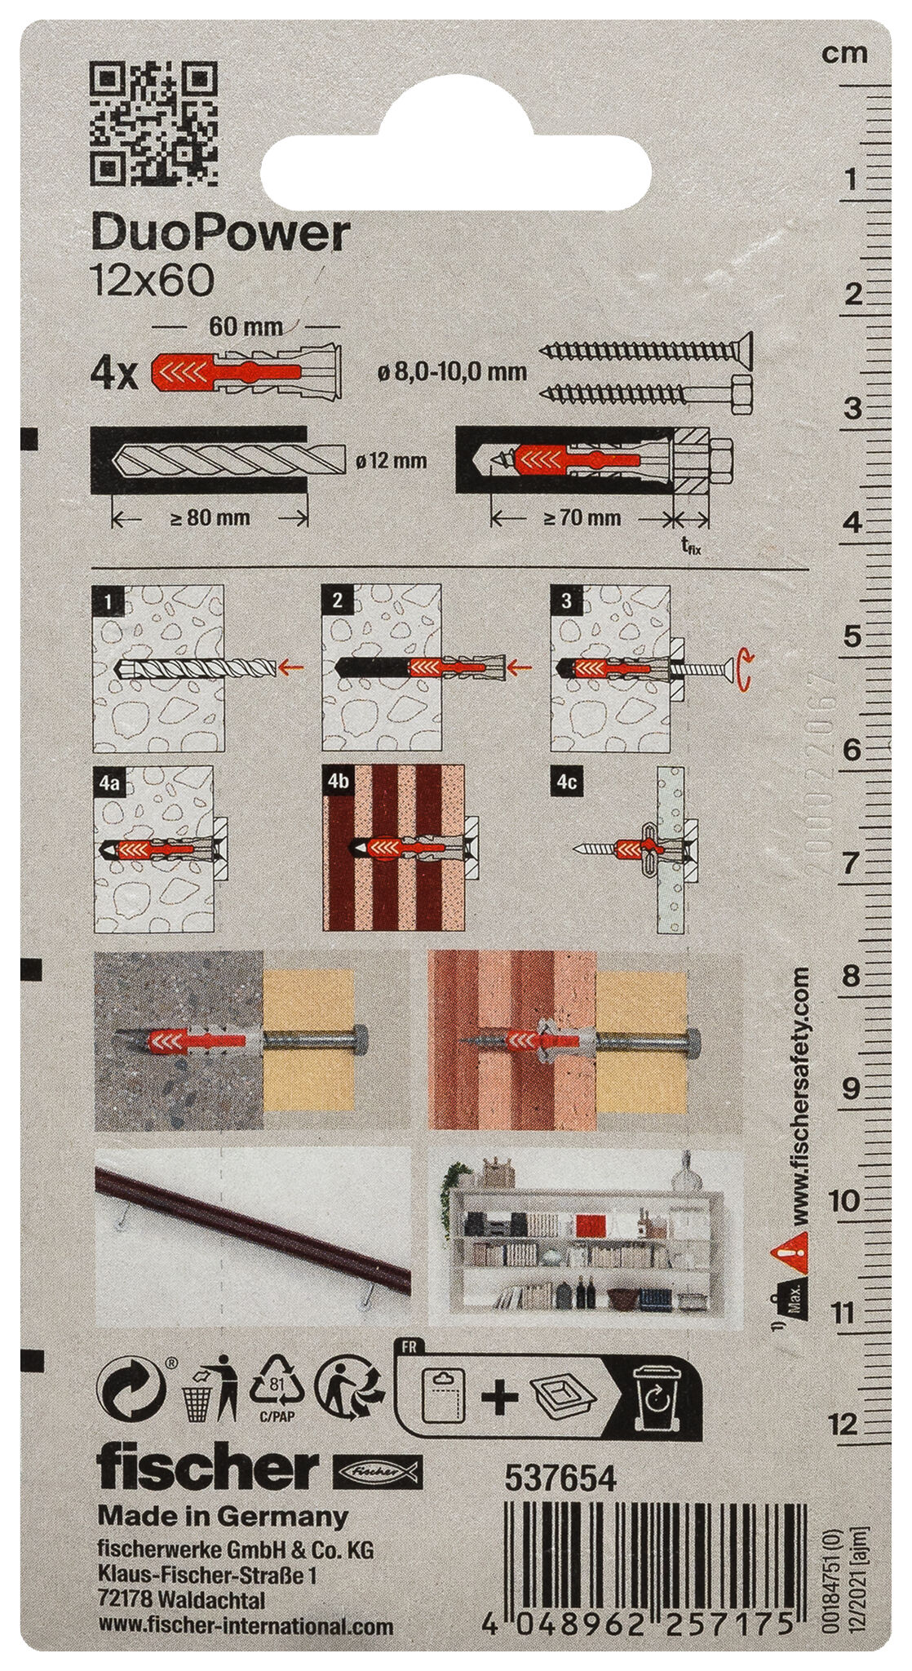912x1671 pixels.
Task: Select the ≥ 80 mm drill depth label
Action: pos(210,516)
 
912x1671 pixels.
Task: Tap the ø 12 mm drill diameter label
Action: pos(392,461)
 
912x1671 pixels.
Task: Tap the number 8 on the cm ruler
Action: pos(850,976)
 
